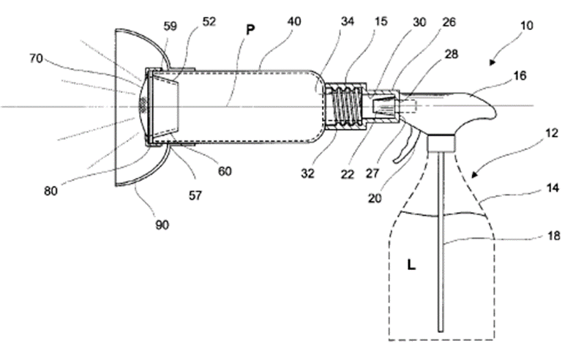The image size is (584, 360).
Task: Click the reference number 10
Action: pos(526,26)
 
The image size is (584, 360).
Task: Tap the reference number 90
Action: pos(162,225)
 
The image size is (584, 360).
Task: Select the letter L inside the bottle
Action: pos(411,265)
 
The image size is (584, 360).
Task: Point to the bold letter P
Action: pos(250,30)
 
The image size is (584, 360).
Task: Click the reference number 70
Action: pos(36,59)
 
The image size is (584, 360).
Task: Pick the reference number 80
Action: pos(50,191)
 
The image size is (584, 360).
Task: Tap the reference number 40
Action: pos(294,22)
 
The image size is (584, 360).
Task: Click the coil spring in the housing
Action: pos(346,106)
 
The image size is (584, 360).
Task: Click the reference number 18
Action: pos(554,236)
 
